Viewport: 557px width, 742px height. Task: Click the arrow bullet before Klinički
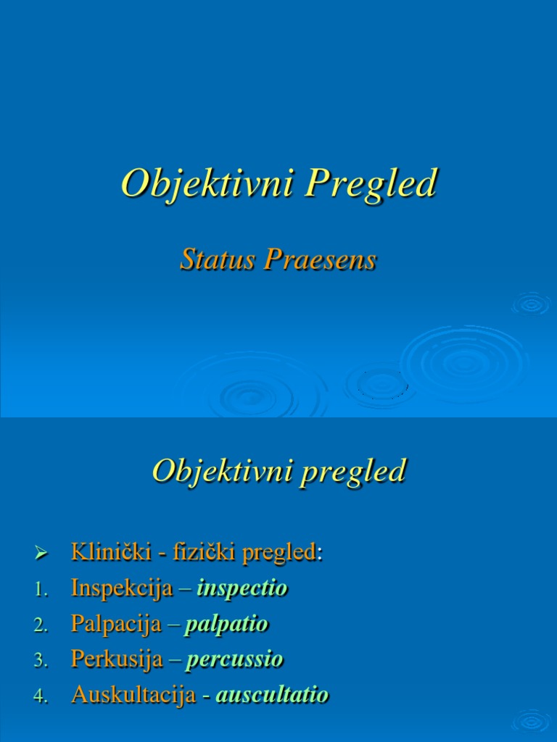pos(41,554)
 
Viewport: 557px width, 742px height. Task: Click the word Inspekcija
pos(122,588)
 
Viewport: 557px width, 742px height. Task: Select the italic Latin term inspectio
pos(242,588)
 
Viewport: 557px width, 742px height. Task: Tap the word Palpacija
pos(116,624)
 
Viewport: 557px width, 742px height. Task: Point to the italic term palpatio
pos(226,624)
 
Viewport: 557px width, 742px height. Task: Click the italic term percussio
pos(235,659)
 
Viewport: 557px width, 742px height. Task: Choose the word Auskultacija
pos(133,695)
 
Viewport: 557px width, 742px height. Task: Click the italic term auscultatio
pos(272,695)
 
